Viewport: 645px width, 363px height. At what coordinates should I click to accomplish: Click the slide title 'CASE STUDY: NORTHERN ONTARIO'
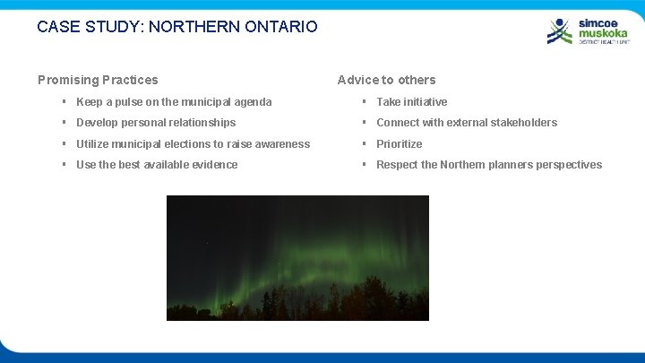click(x=176, y=27)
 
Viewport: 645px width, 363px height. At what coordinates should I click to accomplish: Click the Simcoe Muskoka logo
click(x=588, y=30)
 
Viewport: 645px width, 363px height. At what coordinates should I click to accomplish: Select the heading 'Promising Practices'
click(x=98, y=80)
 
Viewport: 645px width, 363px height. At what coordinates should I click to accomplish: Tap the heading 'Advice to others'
click(x=386, y=80)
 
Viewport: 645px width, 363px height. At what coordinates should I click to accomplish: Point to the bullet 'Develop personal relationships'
click(x=156, y=123)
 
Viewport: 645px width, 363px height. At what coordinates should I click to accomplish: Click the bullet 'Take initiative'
click(x=411, y=102)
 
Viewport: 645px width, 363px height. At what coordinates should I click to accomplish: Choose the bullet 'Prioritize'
click(x=399, y=144)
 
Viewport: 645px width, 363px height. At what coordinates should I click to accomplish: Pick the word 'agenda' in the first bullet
click(x=252, y=102)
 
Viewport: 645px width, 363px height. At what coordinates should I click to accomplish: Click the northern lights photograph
click(x=297, y=258)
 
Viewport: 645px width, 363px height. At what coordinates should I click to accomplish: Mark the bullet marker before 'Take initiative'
click(x=364, y=102)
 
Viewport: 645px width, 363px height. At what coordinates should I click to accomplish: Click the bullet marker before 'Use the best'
click(x=65, y=165)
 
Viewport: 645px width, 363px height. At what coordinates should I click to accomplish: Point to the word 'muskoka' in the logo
click(x=603, y=32)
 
